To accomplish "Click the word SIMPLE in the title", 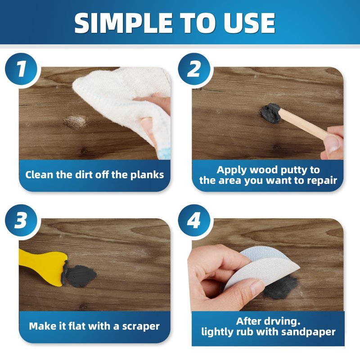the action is coord(123,23).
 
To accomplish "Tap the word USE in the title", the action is coord(250,23).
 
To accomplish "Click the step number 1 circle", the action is coord(21,69).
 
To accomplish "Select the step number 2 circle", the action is coord(194,69).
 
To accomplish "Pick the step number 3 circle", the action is coord(21,220).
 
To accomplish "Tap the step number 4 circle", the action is coord(194,220).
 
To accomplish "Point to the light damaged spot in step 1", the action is coord(76,121).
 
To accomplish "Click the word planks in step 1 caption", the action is coord(147,175).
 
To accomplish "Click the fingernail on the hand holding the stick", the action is coord(333,144).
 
